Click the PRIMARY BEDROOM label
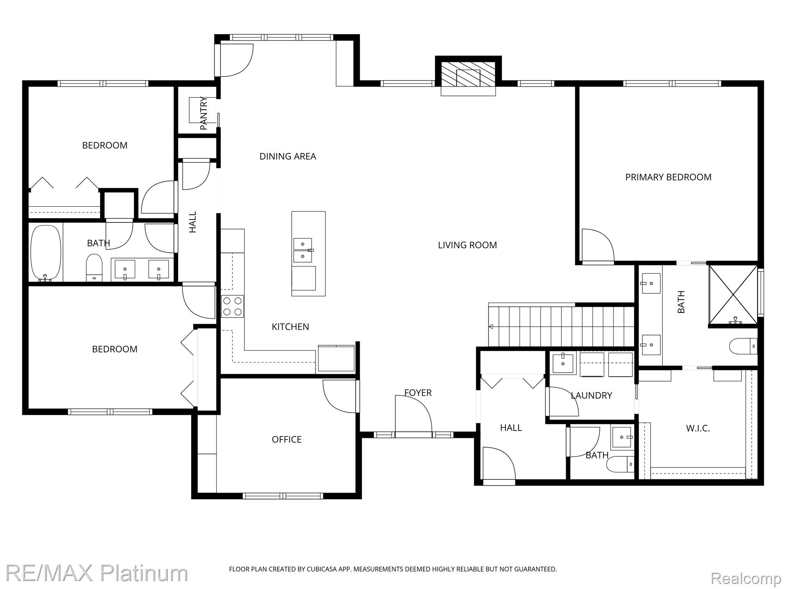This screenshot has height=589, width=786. click(668, 177)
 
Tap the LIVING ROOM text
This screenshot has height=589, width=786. click(467, 245)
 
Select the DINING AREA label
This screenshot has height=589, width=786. click(288, 156)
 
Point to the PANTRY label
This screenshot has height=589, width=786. click(204, 113)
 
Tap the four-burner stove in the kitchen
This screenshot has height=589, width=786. click(233, 306)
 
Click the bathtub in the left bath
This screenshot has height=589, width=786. click(46, 253)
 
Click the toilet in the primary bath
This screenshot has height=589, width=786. click(743, 346)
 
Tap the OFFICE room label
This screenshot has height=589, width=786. click(287, 439)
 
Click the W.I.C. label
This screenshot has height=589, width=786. click(698, 429)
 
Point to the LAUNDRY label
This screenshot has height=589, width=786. click(591, 396)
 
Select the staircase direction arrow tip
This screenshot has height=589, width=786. click(489, 327)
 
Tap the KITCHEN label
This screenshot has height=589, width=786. click(291, 327)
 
